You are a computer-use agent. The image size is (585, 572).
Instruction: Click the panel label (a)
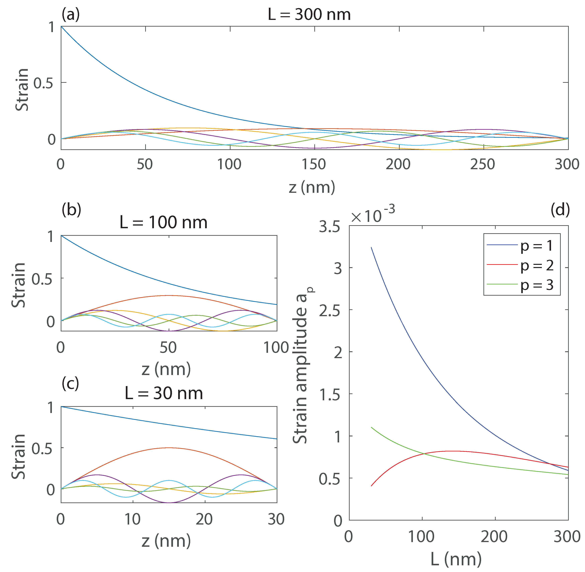pyautogui.click(x=71, y=14)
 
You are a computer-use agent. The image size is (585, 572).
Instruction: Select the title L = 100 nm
pyautogui.click(x=163, y=223)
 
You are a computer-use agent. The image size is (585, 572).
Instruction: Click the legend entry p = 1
pyautogui.click(x=537, y=245)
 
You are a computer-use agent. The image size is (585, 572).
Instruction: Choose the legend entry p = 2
pyautogui.click(x=537, y=265)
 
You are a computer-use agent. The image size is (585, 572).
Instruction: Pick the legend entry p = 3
pyautogui.click(x=537, y=285)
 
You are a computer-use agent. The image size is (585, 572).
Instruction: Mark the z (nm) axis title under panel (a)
pyautogui.click(x=312, y=187)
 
